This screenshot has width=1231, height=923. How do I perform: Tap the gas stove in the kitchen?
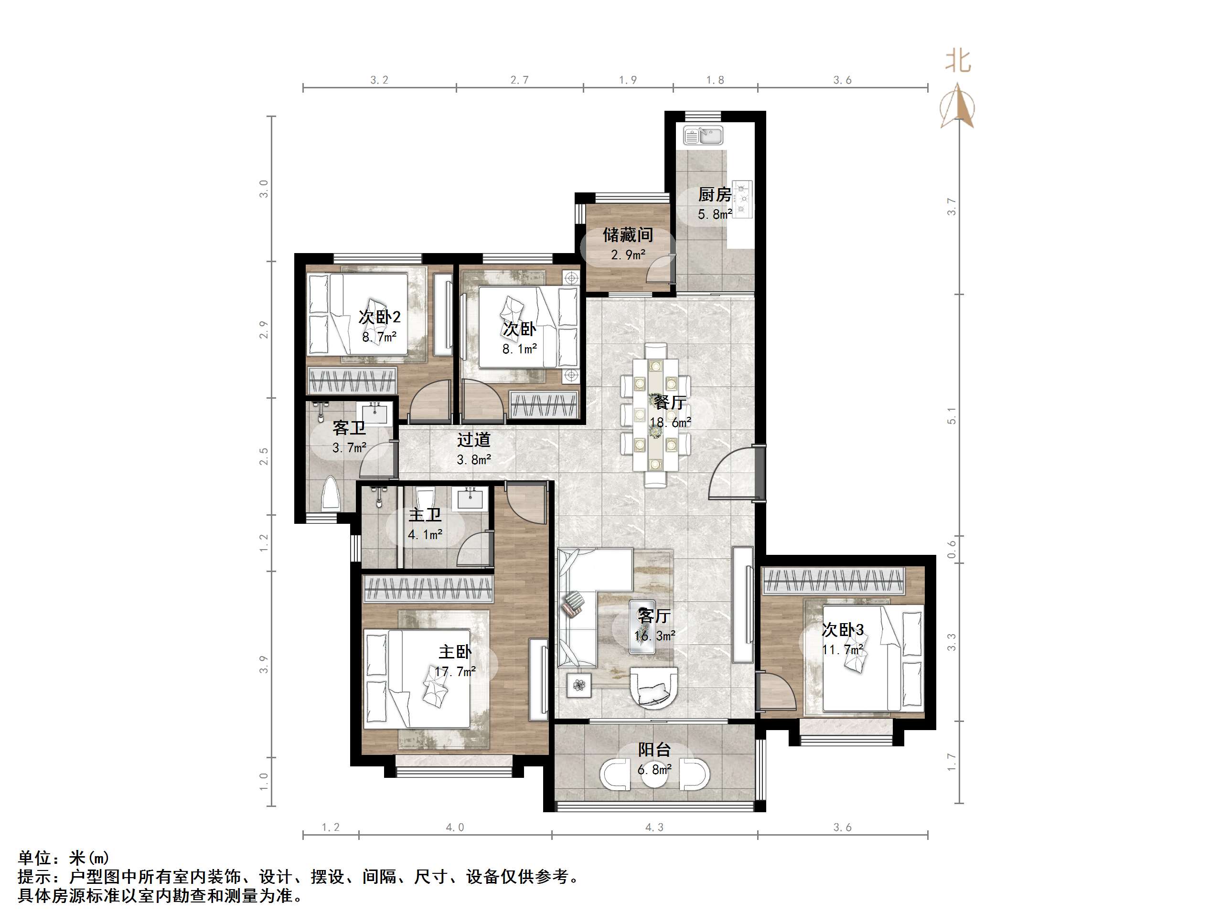tap(743, 199)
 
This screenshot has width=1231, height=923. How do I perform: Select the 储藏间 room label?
tap(628, 235)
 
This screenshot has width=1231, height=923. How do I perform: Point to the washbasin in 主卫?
tap(472, 499)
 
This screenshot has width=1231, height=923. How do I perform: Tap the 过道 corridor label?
tap(473, 440)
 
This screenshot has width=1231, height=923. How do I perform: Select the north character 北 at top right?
tap(958, 61)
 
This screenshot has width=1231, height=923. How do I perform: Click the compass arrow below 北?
tap(957, 106)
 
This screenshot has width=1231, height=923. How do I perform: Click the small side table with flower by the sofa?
tap(579, 685)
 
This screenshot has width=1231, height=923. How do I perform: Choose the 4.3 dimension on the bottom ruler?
tap(654, 828)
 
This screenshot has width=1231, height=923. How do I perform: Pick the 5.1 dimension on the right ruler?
tap(952, 416)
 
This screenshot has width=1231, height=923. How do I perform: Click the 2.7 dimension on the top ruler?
tap(519, 80)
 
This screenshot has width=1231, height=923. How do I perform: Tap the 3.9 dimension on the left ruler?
tap(264, 665)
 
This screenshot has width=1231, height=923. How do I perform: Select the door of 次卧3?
tap(778, 691)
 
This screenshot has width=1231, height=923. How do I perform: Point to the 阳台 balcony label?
tap(654, 750)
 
